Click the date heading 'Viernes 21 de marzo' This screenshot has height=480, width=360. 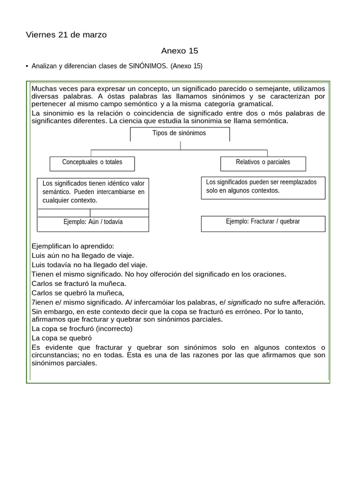pyautogui.click(x=66, y=35)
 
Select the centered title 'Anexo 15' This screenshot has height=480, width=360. pyautogui.click(x=180, y=51)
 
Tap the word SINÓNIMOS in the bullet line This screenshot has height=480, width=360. pyautogui.click(x=148, y=66)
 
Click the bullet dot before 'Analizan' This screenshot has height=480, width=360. pyautogui.click(x=27, y=66)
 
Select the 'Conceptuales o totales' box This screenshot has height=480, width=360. pyautogui.click(x=92, y=163)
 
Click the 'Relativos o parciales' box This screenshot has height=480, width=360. pyautogui.click(x=263, y=163)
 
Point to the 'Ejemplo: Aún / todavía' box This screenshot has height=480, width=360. pyautogui.click(x=93, y=222)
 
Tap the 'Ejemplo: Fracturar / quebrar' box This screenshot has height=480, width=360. pyautogui.click(x=263, y=222)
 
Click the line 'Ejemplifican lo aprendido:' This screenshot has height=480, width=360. pyautogui.click(x=73, y=246)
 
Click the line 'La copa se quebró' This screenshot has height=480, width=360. pyautogui.click(x=61, y=338)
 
